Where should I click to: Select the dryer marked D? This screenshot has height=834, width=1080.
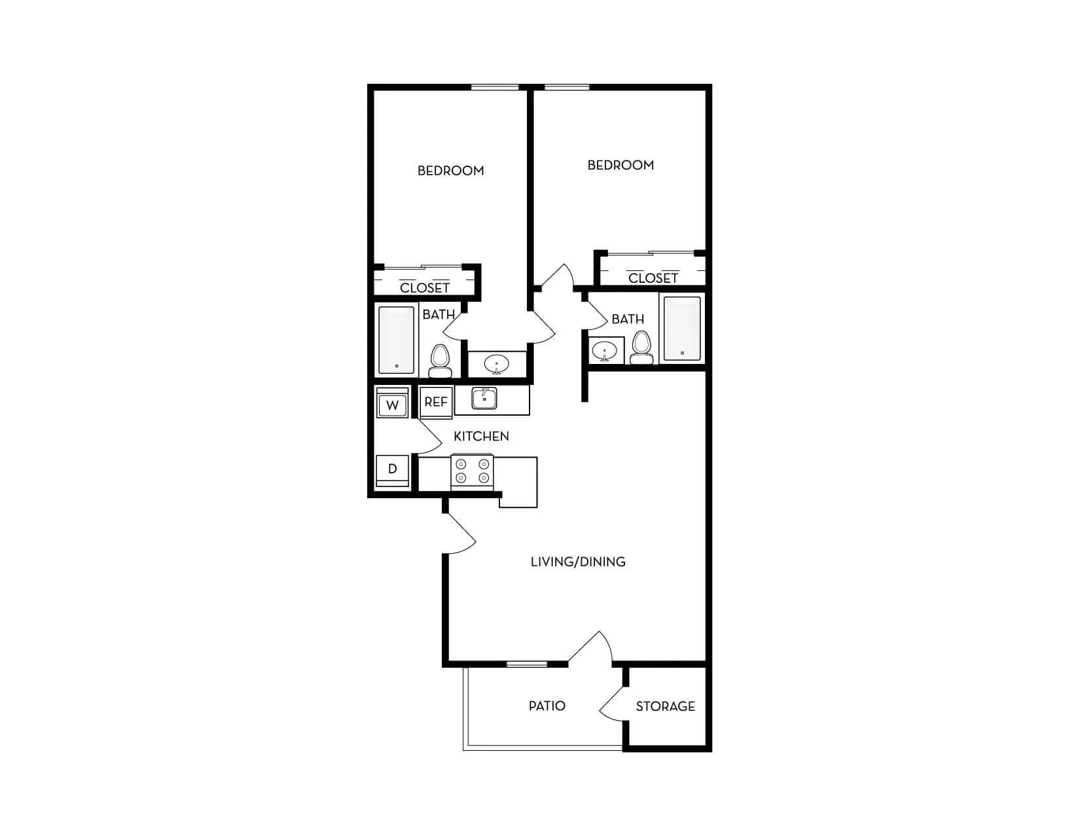[392, 469]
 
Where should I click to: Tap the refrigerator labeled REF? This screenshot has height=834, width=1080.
[436, 402]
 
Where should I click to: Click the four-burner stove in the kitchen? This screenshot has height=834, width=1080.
[472, 472]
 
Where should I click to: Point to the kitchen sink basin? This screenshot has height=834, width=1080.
[484, 398]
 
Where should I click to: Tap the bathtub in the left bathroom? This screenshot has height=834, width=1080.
[397, 340]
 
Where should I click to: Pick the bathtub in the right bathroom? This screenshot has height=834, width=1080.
[682, 329]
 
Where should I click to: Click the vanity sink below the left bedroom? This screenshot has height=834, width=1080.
[497, 363]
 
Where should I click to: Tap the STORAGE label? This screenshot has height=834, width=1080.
[665, 706]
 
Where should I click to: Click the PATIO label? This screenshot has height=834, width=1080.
[547, 706]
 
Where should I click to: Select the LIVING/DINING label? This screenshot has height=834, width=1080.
[578, 562]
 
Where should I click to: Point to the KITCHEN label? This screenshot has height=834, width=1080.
[481, 437]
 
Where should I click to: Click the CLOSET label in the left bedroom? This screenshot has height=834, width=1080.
[425, 288]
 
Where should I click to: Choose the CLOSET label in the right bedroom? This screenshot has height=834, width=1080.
[653, 278]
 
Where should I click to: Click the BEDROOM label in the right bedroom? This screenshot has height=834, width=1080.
[621, 166]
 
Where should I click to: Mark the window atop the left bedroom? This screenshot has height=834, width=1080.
[495, 87]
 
